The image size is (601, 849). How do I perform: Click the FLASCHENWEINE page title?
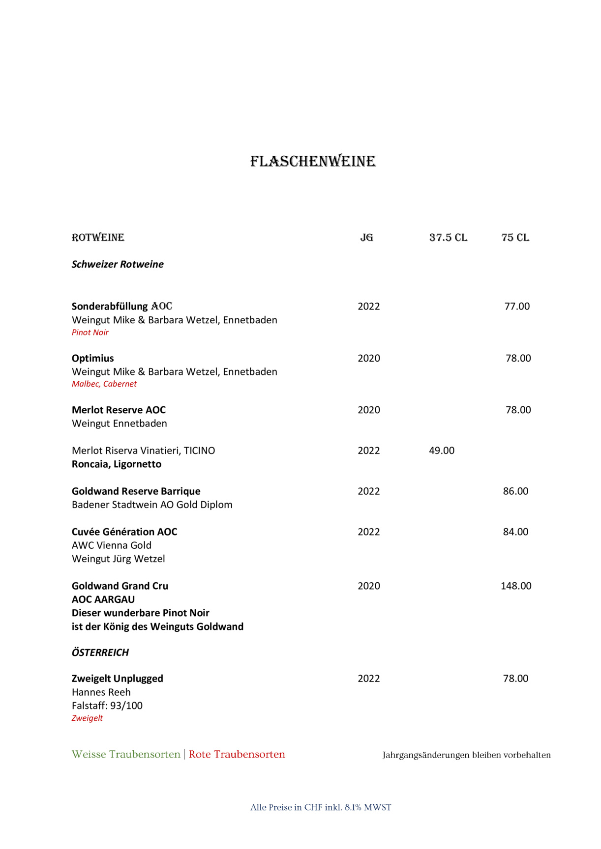[x=313, y=161]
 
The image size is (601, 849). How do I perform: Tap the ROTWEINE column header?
[x=98, y=238]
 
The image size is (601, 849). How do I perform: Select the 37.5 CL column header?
[x=448, y=238]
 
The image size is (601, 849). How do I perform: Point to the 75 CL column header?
[x=515, y=238]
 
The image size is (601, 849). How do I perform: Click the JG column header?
[x=366, y=238]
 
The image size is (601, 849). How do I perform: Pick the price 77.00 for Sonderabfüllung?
[x=517, y=306]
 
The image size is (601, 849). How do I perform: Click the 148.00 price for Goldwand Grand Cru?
[x=516, y=586]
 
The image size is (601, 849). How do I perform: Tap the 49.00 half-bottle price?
[x=442, y=451]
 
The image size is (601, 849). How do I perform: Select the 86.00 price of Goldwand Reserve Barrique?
[x=515, y=491]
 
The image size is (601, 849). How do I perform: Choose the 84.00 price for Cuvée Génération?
[x=515, y=532]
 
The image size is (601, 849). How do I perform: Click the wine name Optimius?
[x=93, y=358]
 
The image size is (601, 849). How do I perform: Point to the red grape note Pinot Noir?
[x=90, y=333]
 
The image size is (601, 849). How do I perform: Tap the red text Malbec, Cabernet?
[x=104, y=384]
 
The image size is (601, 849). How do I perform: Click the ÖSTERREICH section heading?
[x=100, y=652]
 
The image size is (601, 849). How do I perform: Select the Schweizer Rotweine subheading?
[x=118, y=264]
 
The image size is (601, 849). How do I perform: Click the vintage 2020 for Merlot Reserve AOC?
[x=369, y=410]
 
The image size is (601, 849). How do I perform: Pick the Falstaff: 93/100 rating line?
[x=107, y=706]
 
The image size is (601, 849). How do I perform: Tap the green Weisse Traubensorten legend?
[x=126, y=755]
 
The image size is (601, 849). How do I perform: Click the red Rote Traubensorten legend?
[x=237, y=755]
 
